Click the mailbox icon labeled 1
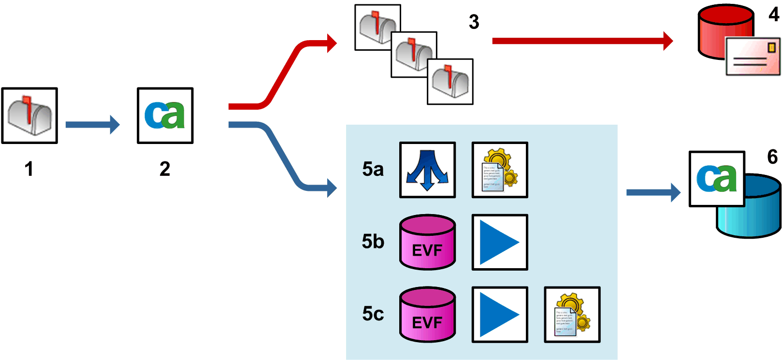point(29,115)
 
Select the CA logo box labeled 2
point(165,115)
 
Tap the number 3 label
point(474,22)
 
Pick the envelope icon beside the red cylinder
point(753,57)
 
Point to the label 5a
point(373,170)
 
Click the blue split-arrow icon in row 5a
point(427,170)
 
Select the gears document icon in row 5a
point(500,170)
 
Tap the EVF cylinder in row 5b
point(427,242)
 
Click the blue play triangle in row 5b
point(500,242)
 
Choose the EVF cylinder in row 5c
point(427,315)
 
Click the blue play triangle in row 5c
point(500,315)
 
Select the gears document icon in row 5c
point(572,315)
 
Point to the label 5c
point(373,314)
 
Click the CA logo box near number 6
point(716,179)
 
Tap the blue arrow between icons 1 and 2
point(92,125)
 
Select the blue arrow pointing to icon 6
point(653,192)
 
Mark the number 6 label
point(772,157)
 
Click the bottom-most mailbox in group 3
point(450,82)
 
